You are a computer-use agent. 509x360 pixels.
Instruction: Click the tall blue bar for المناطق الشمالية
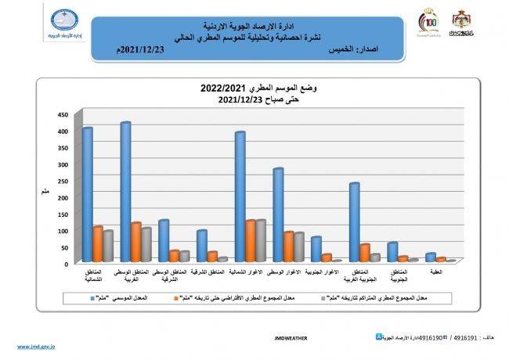click(x=87, y=196)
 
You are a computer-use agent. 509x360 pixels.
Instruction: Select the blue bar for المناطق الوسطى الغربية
click(x=125, y=193)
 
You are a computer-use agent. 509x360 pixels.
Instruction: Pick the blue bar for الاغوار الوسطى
click(x=277, y=215)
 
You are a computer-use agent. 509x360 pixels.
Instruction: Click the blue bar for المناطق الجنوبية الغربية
click(x=354, y=223)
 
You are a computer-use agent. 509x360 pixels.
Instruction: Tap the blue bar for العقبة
click(x=430, y=257)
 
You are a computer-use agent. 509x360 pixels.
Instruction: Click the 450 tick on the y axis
click(x=63, y=114)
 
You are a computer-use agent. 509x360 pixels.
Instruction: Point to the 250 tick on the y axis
click(x=63, y=181)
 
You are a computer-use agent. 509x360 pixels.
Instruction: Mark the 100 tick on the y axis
click(x=63, y=231)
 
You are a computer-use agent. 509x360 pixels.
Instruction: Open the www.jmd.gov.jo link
click(x=36, y=346)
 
